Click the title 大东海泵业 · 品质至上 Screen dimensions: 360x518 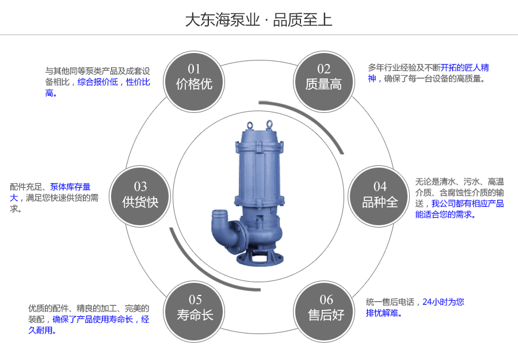(x=258, y=20)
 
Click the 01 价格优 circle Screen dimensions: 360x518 (x=194, y=78)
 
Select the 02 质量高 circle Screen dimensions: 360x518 (x=323, y=78)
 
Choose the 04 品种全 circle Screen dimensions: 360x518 (x=380, y=195)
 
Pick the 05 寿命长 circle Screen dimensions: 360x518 (x=195, y=308)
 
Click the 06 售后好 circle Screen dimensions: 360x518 (x=326, y=308)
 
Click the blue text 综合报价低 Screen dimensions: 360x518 (x=98, y=82)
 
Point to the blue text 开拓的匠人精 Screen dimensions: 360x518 (x=465, y=67)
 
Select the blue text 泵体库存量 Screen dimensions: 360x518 (x=70, y=187)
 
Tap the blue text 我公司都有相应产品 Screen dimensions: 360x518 (x=467, y=203)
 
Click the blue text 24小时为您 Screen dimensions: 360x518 (x=443, y=301)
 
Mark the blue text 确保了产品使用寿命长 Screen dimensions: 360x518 (x=93, y=319)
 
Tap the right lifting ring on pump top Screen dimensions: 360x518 (x=269, y=123)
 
